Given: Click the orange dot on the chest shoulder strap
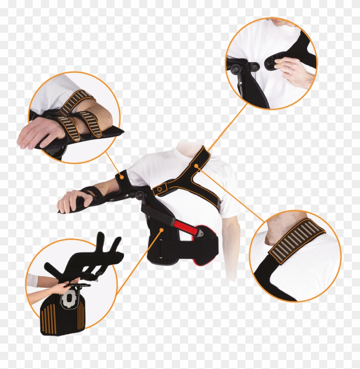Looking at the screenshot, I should pyautogui.click(x=196, y=166).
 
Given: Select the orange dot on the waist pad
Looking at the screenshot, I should pyautogui.click(x=162, y=230).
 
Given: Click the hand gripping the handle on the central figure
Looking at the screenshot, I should pyautogui.click(x=70, y=200).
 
